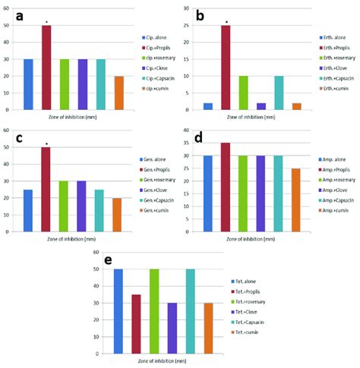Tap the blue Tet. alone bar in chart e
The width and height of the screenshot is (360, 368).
click(x=118, y=311)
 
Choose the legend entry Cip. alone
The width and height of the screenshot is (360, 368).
click(x=156, y=36)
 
